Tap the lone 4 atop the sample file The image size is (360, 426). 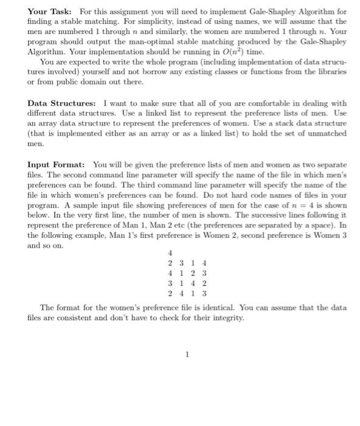(x=170, y=253)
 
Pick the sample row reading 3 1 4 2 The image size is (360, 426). (x=187, y=282)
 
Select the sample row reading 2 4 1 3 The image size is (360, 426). (x=187, y=292)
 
